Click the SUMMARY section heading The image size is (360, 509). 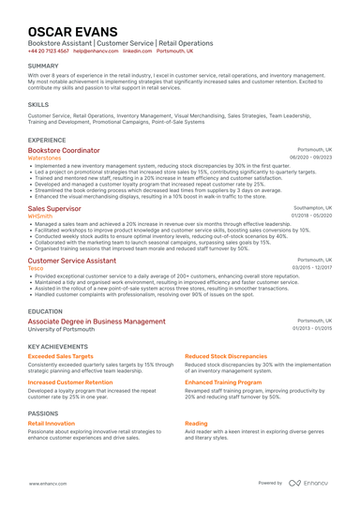pyautogui.click(x=43, y=66)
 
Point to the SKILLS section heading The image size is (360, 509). pyautogui.click(x=38, y=104)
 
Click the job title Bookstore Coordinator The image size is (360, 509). pyautogui.click(x=64, y=150)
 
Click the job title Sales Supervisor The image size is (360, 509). pyautogui.click(x=55, y=208)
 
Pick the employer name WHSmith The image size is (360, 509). pyautogui.click(x=41, y=216)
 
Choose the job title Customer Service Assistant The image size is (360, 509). pyautogui.click(x=71, y=260)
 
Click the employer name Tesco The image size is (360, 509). pyautogui.click(x=36, y=267)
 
